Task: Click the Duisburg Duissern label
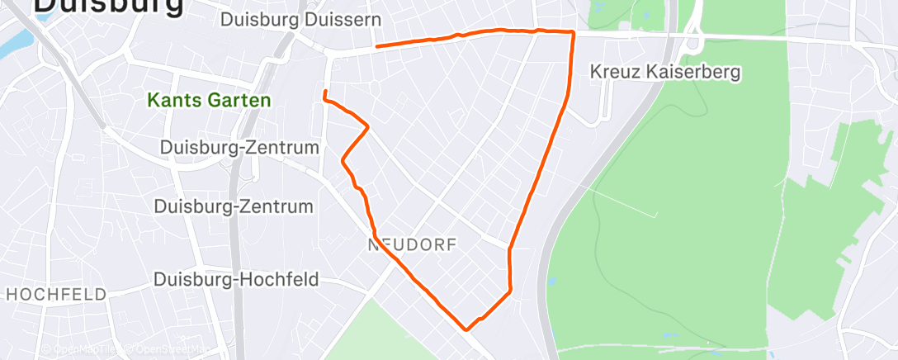(x=300, y=18)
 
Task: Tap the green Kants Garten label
(x=209, y=101)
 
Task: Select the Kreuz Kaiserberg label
(x=665, y=72)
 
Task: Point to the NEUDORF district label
(x=412, y=245)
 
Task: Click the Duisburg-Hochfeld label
(x=236, y=280)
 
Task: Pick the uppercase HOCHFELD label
(x=56, y=294)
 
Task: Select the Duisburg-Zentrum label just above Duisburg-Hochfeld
(x=234, y=206)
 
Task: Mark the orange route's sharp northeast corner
(x=572, y=32)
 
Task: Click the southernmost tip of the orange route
(x=467, y=329)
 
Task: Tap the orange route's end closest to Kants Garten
(x=325, y=91)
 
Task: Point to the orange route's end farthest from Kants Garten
(x=376, y=46)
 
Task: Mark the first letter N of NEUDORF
(x=373, y=245)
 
